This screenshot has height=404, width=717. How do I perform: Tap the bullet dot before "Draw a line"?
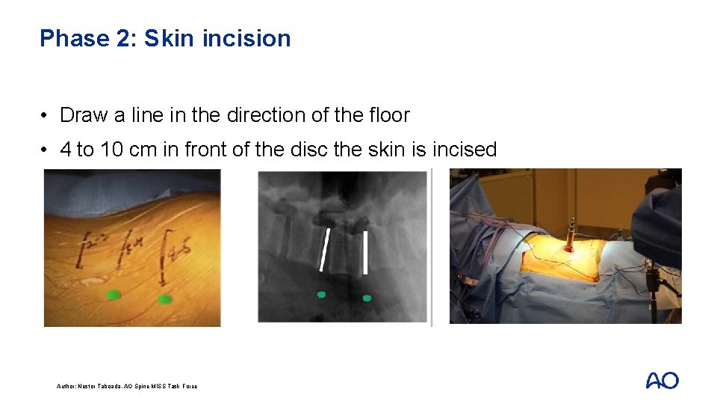tap(46, 116)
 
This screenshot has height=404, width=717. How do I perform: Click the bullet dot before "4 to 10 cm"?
tap(46, 150)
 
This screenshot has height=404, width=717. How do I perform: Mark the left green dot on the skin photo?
tap(113, 295)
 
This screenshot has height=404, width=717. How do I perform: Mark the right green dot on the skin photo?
tap(164, 299)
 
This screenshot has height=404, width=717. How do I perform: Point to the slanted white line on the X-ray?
tap(324, 249)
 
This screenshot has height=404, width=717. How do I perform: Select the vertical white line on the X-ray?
tap(365, 251)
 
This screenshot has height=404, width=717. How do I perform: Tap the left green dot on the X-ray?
tap(321, 294)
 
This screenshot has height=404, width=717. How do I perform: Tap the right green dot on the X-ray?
tap(367, 298)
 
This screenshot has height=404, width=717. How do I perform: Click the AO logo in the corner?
tap(662, 380)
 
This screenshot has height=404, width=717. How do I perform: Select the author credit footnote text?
tap(127, 386)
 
